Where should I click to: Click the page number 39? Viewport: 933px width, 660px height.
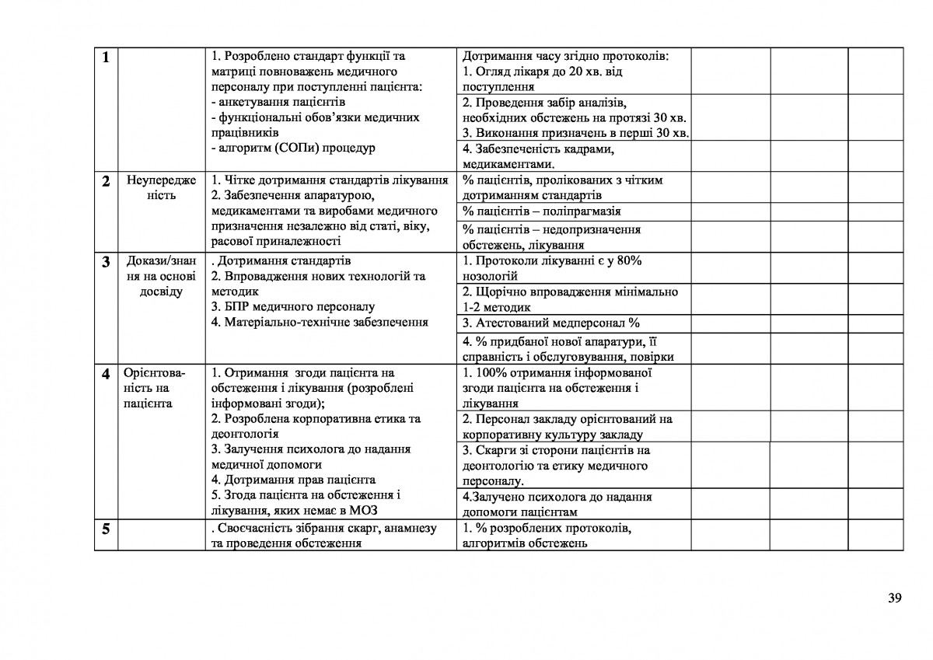894,598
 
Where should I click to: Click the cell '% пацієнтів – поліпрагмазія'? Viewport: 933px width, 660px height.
542,211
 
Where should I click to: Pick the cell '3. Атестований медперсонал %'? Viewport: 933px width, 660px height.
550,323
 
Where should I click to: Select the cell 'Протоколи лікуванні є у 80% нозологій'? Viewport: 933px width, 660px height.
552,268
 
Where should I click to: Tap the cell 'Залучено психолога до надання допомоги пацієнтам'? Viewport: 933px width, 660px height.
557,504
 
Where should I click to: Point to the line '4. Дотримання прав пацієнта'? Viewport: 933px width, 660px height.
293,480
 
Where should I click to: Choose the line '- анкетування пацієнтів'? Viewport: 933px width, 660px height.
278,102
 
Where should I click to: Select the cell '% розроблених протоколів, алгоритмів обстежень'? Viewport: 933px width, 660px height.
546,536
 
